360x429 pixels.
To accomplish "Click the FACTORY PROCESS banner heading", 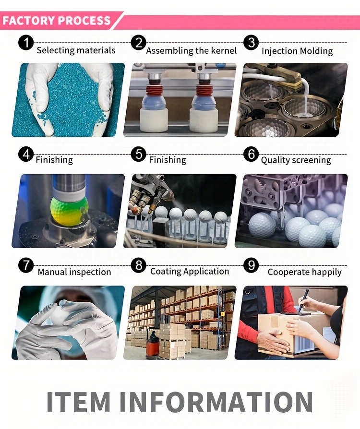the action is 56,21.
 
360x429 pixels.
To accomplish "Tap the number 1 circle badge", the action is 26,43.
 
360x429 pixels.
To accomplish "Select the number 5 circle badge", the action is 139,154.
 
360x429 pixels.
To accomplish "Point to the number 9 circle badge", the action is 252,265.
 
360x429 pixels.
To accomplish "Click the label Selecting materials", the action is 76,50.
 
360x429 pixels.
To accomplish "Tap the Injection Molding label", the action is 297,51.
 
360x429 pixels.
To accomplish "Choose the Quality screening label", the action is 296,160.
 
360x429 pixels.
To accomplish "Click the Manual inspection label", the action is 74,272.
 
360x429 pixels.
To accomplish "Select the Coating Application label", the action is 190,272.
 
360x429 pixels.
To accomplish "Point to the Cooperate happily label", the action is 304,272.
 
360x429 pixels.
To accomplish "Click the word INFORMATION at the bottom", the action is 216,402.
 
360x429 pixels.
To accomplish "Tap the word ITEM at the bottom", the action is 79,402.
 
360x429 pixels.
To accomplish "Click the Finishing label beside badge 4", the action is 54,160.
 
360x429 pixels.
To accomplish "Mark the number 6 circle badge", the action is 252,154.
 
